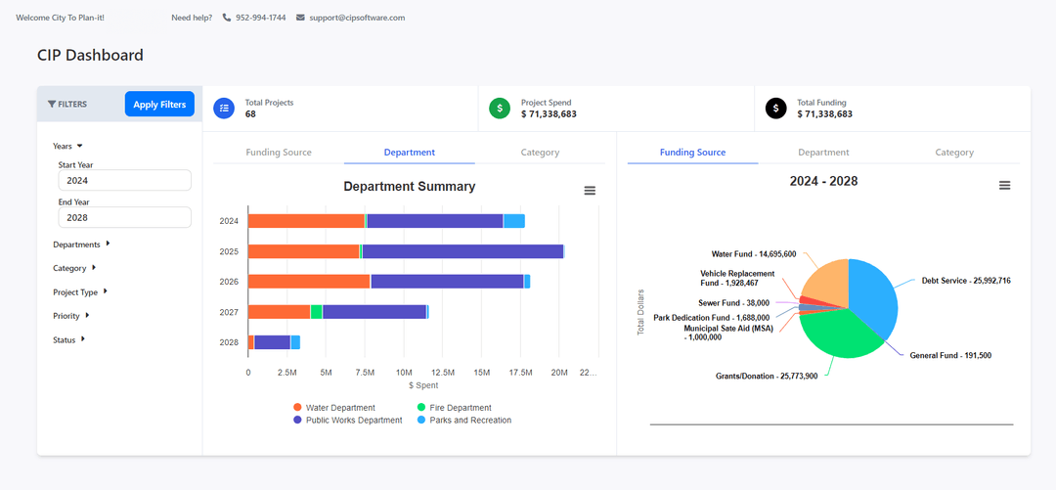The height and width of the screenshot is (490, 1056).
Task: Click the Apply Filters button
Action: point(159,105)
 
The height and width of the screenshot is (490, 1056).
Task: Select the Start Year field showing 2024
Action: point(124,180)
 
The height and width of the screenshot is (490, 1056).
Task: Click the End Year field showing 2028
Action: point(124,217)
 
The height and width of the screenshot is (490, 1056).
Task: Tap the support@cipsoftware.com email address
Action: point(356,18)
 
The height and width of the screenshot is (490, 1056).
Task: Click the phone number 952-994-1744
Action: point(260,18)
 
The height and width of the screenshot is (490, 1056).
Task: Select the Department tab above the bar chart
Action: point(409,153)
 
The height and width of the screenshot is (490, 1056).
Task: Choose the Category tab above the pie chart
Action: point(953,153)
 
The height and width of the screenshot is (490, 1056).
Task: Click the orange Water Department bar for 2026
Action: point(309,282)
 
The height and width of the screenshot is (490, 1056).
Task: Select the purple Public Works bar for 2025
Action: point(462,251)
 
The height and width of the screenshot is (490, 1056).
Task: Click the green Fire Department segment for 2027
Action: point(316,312)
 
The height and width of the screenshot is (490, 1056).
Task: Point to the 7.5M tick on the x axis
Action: point(365,373)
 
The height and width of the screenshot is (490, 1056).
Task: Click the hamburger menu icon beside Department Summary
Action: point(590,191)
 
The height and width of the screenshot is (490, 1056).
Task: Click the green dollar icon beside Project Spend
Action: point(500,109)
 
